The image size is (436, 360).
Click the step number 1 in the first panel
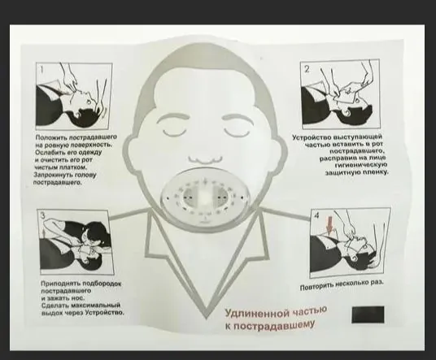point(42,69)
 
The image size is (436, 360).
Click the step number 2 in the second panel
point(307,69)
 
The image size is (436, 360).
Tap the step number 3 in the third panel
point(43,216)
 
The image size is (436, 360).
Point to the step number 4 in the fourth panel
point(316,215)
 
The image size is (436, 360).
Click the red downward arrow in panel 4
point(329,226)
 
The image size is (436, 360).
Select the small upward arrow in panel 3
point(43,232)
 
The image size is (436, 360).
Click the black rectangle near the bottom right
point(368,314)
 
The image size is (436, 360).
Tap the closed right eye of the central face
point(238,132)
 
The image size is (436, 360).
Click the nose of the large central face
point(206,160)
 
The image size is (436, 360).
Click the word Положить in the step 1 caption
point(51,137)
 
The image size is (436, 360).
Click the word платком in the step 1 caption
point(76,167)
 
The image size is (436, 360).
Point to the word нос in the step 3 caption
point(79,298)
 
